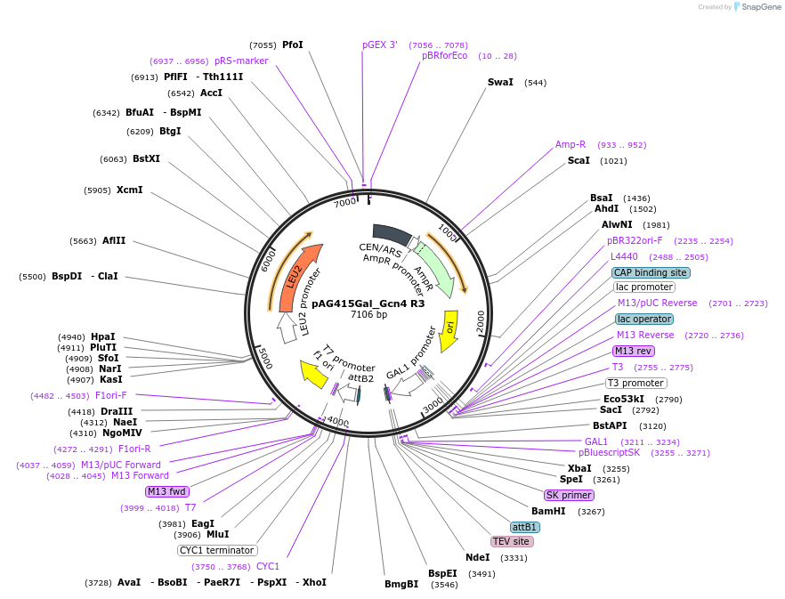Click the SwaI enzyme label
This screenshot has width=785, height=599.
pos(500,82)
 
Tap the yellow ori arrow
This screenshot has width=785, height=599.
pos(450,330)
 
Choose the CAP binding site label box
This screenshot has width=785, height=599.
pos(650,272)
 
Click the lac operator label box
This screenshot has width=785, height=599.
pos(643,319)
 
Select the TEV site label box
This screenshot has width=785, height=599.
pos(512,541)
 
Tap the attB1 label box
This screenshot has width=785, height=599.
pos(525,527)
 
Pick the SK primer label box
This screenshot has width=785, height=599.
pos(569,495)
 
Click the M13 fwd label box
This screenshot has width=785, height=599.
pos(168,491)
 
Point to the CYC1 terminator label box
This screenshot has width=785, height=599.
pos(218,550)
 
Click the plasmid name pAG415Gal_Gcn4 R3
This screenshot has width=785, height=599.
pos(368,303)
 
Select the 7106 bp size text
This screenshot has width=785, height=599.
pos(368,314)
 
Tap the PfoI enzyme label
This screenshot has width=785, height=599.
pos(293,45)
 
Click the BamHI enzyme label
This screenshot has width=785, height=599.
pos(548,511)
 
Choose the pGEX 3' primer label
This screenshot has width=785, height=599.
pos(380,45)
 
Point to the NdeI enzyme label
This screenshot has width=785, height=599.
pos(477,557)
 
